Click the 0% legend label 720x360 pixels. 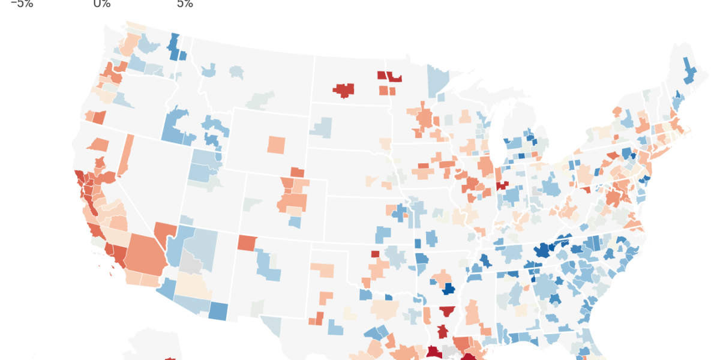tap(102, 4)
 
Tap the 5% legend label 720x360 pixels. tap(185, 4)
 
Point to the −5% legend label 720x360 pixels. tap(22, 4)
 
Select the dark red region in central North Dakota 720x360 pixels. tap(344, 90)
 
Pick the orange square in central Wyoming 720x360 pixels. tap(277, 145)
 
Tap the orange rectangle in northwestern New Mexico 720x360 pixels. tap(247, 243)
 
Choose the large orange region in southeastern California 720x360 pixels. tap(144, 255)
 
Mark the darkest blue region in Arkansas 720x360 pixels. tap(446, 289)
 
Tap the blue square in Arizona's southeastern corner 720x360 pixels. tap(218, 310)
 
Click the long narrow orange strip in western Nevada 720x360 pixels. tap(126, 155)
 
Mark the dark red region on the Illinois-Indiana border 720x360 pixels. tap(502, 185)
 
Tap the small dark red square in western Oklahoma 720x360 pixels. tap(375, 254)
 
